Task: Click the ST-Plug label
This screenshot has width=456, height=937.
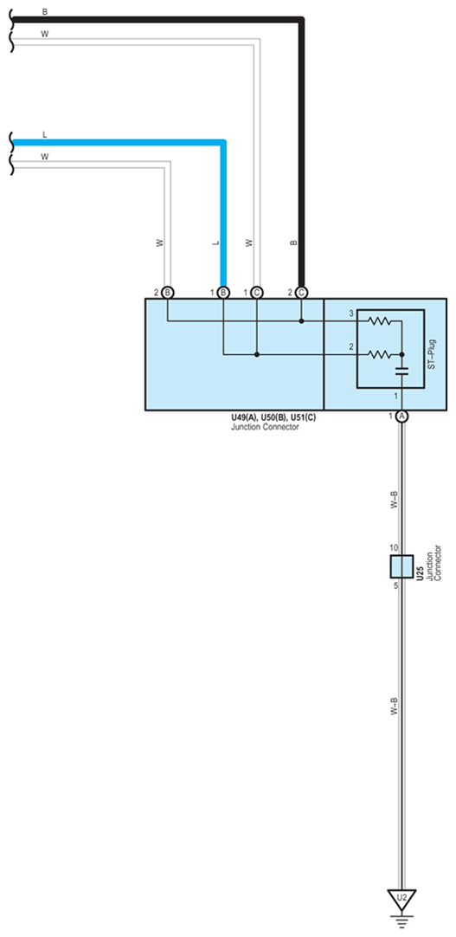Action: [433, 354]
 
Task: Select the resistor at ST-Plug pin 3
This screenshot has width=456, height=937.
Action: [380, 321]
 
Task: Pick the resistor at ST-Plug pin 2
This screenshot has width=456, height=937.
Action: [380, 355]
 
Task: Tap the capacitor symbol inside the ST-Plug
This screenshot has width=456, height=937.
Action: [401, 372]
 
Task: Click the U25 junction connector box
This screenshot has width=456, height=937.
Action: [401, 566]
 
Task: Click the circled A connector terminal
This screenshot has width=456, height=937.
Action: [401, 416]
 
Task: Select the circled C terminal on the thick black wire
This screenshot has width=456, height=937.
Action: [301, 292]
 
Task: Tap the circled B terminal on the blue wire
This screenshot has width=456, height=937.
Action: [223, 292]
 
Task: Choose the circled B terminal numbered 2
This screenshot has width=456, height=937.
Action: [168, 292]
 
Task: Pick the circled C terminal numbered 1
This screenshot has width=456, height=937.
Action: [257, 292]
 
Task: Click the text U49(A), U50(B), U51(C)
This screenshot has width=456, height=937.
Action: [273, 418]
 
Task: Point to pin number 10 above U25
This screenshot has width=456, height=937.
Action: [394, 548]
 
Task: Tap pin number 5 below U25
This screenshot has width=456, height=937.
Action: [395, 586]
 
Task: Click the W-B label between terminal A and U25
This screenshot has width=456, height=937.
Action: [394, 500]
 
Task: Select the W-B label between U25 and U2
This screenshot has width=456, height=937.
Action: [394, 706]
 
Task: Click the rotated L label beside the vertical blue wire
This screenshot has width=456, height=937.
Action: [215, 243]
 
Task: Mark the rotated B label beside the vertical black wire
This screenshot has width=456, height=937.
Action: [293, 243]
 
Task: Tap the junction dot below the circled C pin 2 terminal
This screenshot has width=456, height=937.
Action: [301, 321]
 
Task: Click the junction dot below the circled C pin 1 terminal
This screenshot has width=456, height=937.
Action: [257, 355]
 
